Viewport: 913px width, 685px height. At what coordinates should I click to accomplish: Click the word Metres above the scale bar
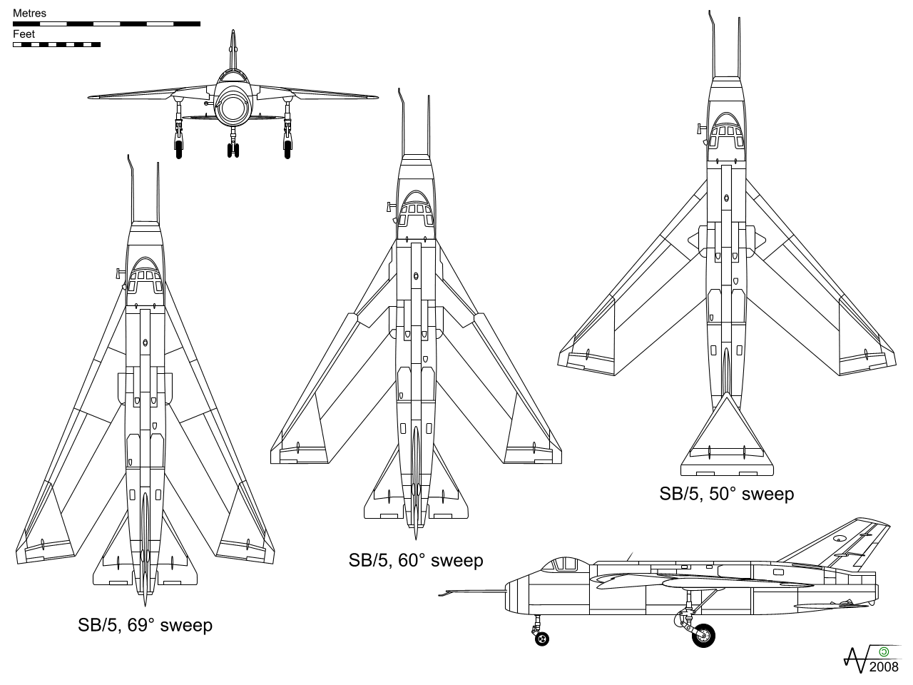(x=29, y=14)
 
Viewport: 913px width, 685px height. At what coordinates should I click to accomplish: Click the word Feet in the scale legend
(x=24, y=34)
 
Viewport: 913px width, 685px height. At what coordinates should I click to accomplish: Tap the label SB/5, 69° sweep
(x=145, y=626)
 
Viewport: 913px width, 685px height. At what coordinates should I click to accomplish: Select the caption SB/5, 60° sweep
(x=416, y=561)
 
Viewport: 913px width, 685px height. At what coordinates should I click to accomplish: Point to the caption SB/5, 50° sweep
(x=726, y=494)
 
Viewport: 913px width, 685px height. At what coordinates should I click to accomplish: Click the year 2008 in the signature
(x=884, y=667)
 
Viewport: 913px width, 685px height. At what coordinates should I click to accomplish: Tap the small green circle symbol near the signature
(x=884, y=651)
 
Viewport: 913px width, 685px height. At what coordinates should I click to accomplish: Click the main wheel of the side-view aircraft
(x=703, y=635)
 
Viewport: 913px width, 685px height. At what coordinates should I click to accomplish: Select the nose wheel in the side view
(x=543, y=639)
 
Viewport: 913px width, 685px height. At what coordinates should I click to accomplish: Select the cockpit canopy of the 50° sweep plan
(x=725, y=129)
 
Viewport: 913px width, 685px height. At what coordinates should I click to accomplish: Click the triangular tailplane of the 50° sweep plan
(x=726, y=435)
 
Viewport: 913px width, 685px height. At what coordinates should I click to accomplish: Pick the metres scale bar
(x=106, y=24)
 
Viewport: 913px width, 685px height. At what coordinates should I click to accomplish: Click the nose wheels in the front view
(x=233, y=150)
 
